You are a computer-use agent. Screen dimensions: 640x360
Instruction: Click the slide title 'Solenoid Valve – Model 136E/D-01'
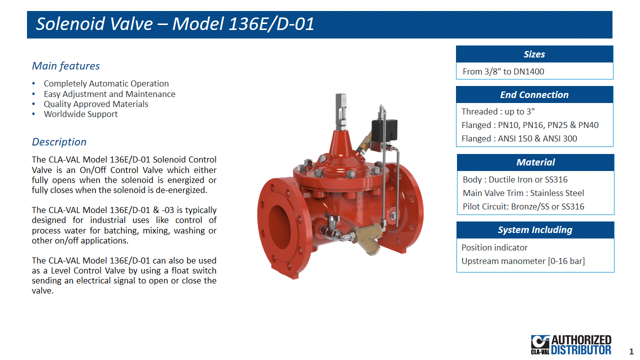[175, 23]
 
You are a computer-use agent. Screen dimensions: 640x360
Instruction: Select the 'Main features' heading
[65, 66]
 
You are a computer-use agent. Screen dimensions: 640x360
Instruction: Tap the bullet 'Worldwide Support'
[80, 114]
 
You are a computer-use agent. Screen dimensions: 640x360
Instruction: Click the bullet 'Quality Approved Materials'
[96, 104]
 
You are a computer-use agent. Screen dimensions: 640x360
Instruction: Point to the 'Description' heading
[59, 142]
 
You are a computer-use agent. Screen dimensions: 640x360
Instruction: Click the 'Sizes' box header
[534, 54]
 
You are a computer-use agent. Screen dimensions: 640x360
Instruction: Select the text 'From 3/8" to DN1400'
[503, 71]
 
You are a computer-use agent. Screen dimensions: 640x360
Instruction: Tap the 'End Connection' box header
[534, 94]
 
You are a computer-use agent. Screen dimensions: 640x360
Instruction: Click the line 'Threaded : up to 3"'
[498, 111]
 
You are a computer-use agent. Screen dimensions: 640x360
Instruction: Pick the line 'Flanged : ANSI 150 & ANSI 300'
[519, 138]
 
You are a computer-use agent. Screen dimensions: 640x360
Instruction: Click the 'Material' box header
[535, 162]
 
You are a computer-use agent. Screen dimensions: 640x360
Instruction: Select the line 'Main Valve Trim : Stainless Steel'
[523, 193]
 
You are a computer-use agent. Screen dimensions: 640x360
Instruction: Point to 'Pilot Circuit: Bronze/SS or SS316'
[523, 206]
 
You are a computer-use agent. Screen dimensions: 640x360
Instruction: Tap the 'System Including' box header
[535, 230]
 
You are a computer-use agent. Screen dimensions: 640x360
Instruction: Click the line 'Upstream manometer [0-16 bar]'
[523, 261]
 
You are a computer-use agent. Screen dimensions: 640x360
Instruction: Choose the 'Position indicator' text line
[494, 247]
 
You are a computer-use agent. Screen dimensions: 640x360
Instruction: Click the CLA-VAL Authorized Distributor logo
[571, 344]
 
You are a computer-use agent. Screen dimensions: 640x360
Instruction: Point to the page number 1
[631, 351]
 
